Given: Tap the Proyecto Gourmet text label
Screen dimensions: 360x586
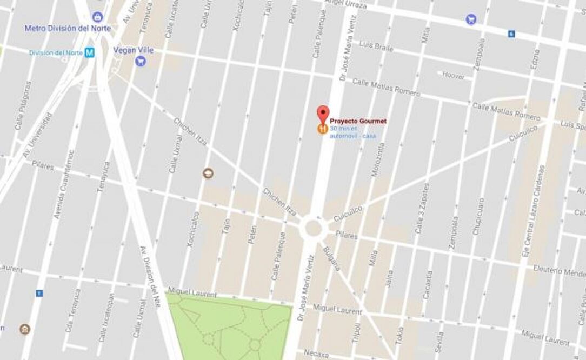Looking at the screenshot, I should click(358, 122).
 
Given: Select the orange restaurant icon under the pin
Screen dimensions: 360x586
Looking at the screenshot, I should click(322, 129).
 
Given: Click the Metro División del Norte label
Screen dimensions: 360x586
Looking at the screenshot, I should click(68, 28).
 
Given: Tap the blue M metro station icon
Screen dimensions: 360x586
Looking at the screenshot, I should click(89, 52).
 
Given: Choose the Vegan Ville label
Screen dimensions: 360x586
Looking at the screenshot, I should click(133, 50).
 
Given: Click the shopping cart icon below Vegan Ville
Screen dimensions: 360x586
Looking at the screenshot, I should click(141, 61).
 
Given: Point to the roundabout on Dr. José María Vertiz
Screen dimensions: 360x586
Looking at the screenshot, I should click(313, 228).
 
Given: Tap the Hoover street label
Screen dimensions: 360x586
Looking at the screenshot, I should click(453, 76).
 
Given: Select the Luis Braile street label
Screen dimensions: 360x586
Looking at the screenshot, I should click(376, 46).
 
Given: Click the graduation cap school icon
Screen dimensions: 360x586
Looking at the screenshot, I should click(208, 173).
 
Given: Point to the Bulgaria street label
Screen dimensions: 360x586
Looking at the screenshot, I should click(331, 259).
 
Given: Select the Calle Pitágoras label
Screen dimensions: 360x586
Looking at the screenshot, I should click(23, 106).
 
